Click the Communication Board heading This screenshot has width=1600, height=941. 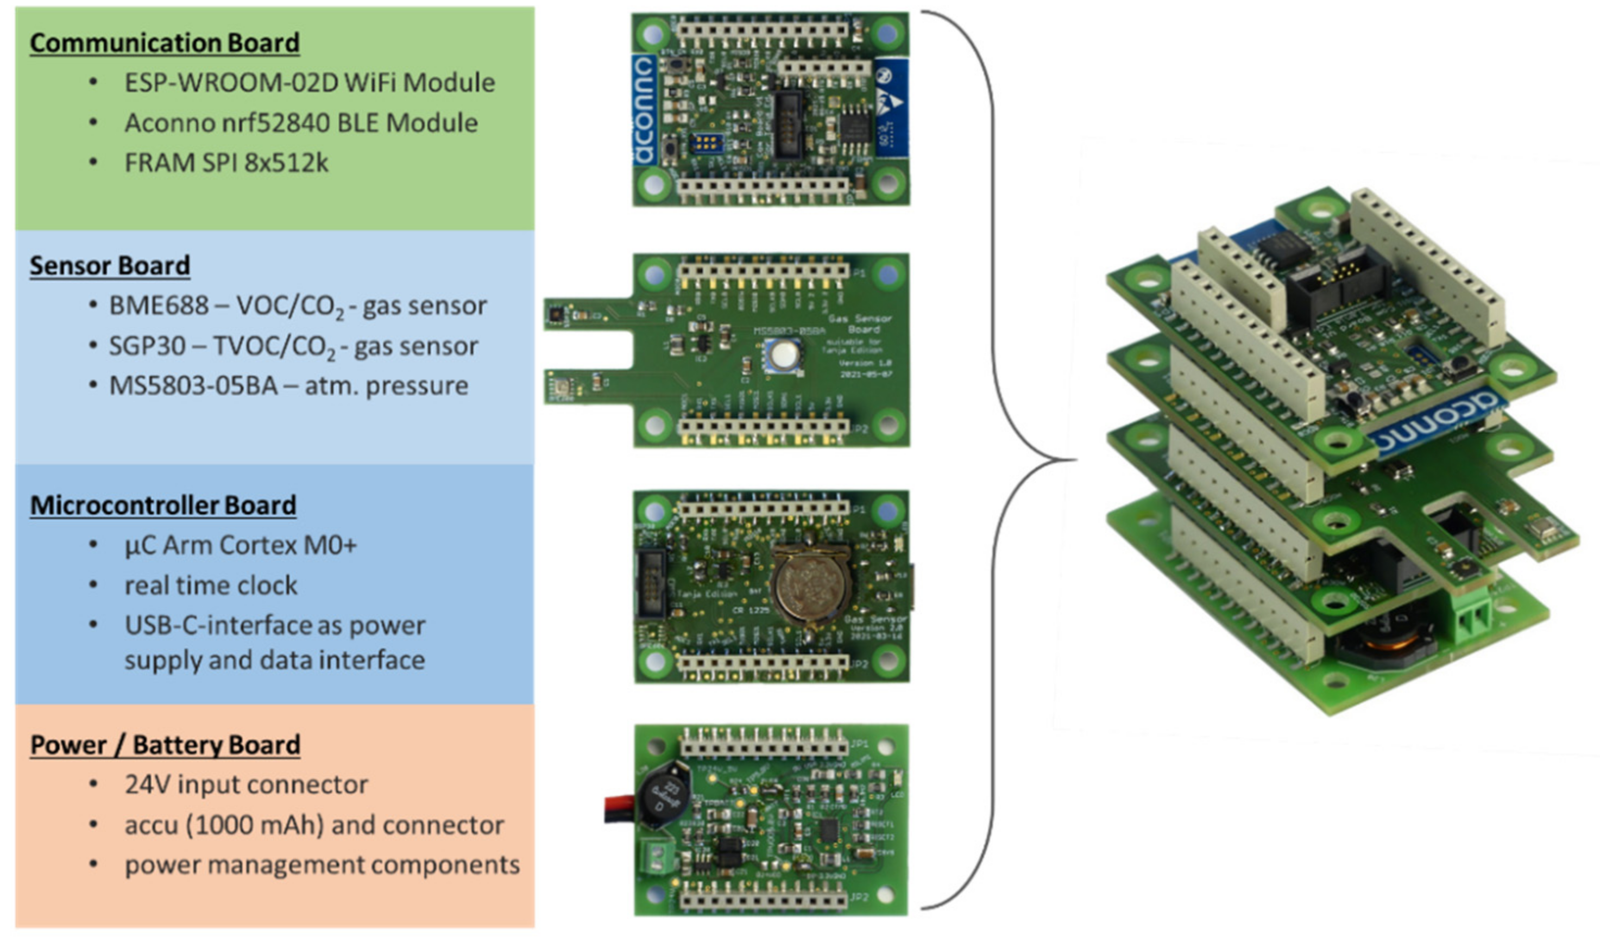click(x=165, y=42)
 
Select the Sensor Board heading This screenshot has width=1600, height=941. click(x=109, y=266)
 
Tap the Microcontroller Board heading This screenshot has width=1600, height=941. click(x=163, y=505)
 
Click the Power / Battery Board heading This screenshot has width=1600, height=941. click(x=165, y=745)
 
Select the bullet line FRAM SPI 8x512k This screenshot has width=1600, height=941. click(x=226, y=163)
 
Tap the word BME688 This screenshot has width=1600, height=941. click(x=159, y=306)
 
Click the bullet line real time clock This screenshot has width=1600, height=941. click(x=210, y=585)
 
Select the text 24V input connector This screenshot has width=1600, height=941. click(x=245, y=784)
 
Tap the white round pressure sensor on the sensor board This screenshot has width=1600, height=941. click(x=784, y=353)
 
